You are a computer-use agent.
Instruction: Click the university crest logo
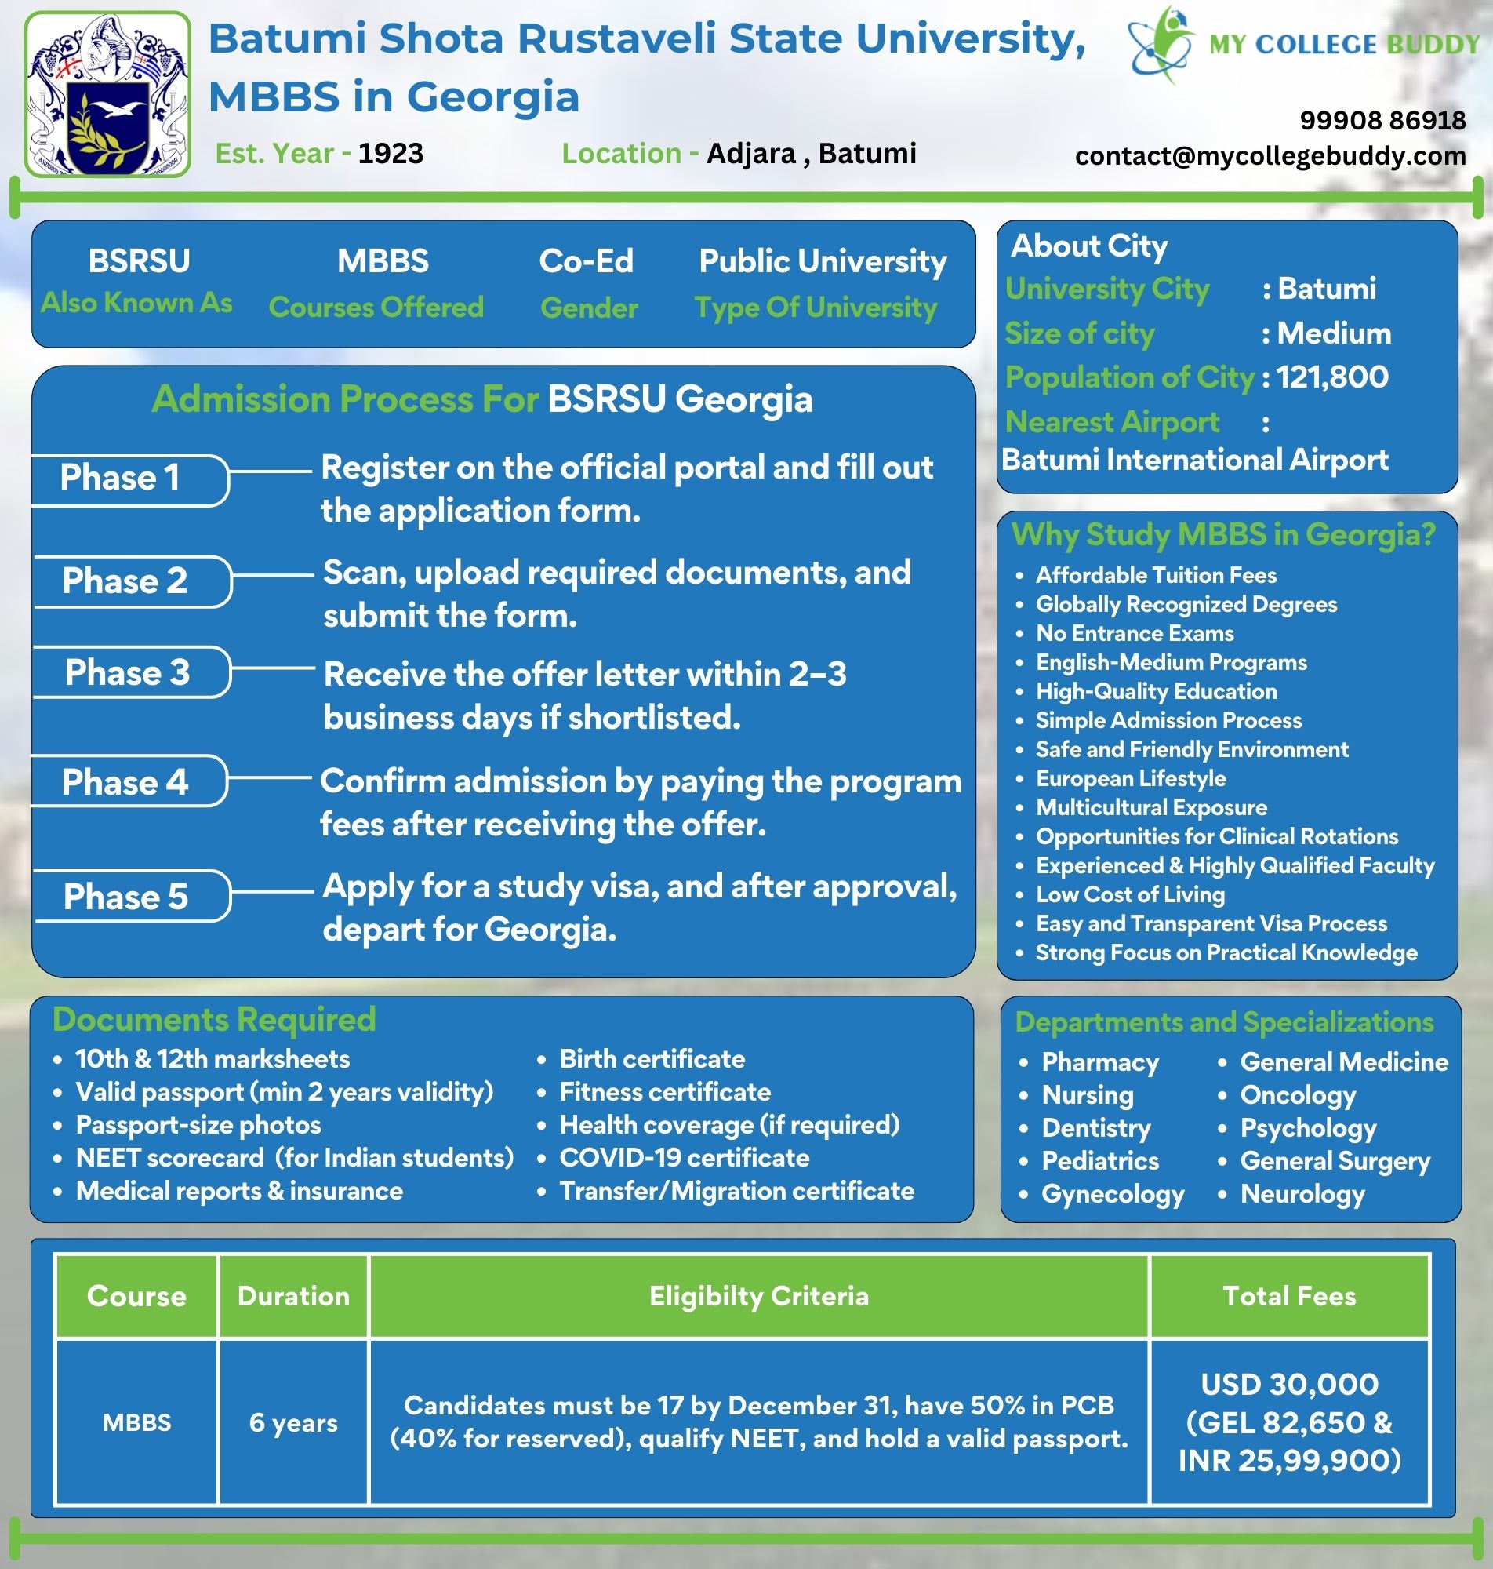click(x=107, y=95)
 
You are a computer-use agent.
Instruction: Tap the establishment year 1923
click(x=390, y=154)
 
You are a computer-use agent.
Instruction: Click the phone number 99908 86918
click(x=1382, y=120)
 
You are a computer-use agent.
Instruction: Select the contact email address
click(x=1270, y=156)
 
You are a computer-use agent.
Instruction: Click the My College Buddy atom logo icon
click(x=1161, y=44)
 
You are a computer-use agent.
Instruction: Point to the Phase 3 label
click(x=127, y=672)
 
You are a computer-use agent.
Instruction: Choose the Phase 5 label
click(x=125, y=897)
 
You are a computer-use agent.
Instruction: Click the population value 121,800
click(x=1332, y=377)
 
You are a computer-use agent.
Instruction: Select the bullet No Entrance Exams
click(x=1134, y=634)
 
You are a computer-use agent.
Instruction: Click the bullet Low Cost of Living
click(x=1129, y=895)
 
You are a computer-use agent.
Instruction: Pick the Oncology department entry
click(x=1297, y=1095)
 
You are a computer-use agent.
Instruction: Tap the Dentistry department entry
click(x=1096, y=1128)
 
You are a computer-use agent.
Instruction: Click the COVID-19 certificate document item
click(x=685, y=1157)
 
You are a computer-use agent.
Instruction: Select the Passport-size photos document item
click(x=198, y=1125)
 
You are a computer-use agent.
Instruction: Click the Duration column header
click(x=292, y=1296)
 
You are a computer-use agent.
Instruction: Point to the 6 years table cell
click(x=292, y=1422)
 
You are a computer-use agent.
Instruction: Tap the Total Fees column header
click(x=1288, y=1296)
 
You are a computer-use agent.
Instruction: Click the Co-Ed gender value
click(x=586, y=261)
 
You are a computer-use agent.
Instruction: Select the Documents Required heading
click(x=214, y=1020)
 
